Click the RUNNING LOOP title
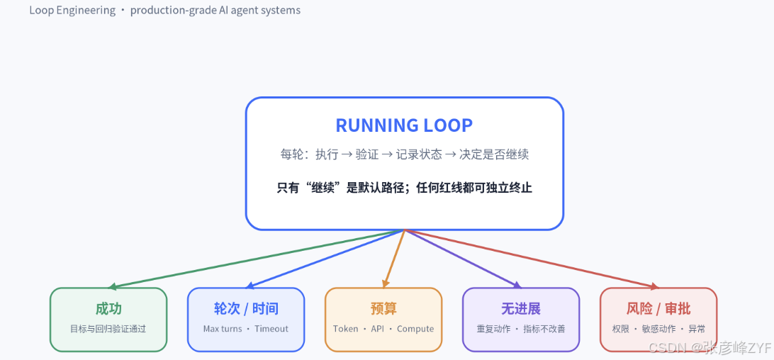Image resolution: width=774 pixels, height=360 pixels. coord(404,125)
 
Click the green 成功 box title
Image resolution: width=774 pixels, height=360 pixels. coord(108,309)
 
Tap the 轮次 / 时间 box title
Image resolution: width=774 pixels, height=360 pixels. coord(246,309)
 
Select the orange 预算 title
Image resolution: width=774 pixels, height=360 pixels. coord(383,309)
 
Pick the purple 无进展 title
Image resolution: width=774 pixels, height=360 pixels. coord(521,309)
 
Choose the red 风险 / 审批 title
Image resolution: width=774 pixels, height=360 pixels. coord(658,309)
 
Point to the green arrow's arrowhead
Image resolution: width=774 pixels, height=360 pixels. coord(113,286)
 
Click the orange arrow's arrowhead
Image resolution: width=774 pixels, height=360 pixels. coord(385,283)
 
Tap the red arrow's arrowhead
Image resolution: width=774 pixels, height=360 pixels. coord(654,286)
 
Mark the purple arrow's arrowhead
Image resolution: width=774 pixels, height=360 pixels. coord(517,285)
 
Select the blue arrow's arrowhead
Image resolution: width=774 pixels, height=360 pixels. coord(249,286)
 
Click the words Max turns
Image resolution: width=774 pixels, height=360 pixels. coord(222,329)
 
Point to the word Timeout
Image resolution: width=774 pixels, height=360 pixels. coord(271,329)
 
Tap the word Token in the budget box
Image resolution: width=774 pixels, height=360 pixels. coord(346,329)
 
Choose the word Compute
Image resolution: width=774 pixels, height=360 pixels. coord(415,329)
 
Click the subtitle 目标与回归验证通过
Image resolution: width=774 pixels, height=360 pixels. coord(108,329)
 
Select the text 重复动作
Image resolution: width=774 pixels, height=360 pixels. coord(493,329)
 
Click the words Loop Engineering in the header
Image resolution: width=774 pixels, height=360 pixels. coord(72,11)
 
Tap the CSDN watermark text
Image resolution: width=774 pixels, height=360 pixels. coord(709,348)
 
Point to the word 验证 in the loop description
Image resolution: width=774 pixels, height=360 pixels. coord(367,154)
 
